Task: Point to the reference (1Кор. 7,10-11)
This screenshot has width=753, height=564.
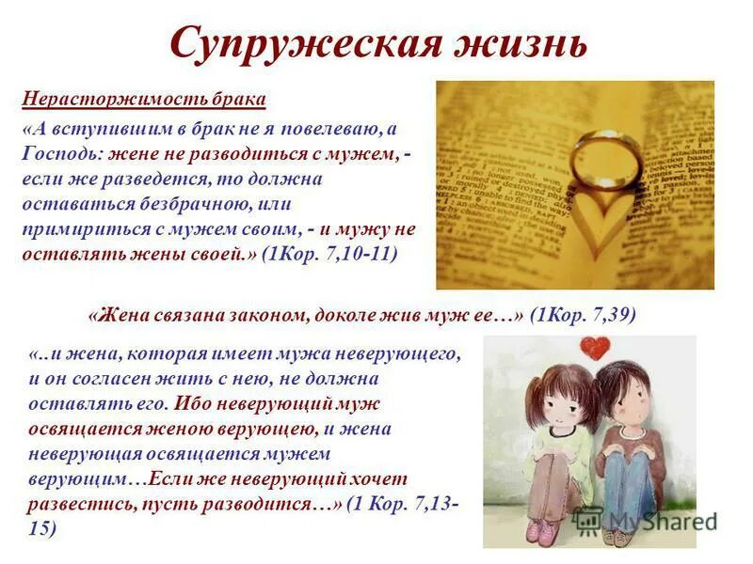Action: click(x=329, y=254)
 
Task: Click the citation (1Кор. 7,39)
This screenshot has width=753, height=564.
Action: click(x=583, y=316)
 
